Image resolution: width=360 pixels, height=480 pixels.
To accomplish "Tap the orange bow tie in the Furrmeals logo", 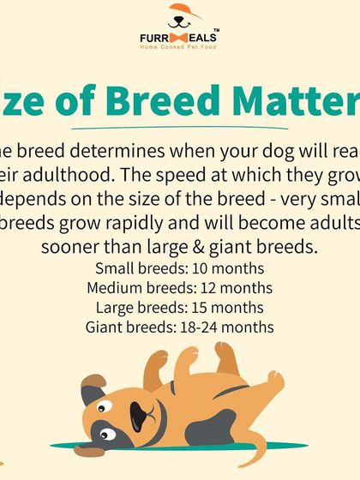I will (179, 39).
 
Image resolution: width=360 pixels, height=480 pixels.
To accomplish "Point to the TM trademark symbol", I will (215, 30).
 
